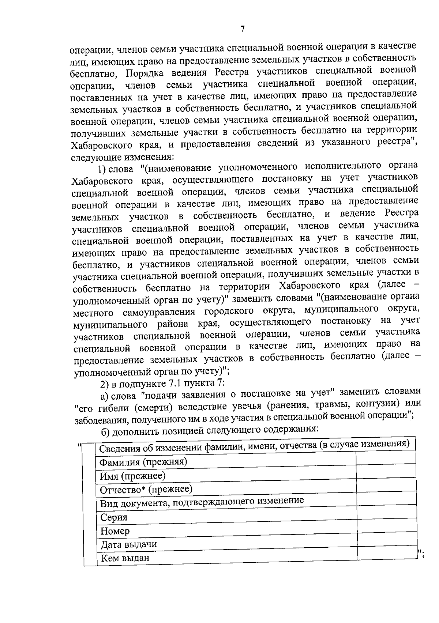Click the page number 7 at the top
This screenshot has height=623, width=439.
pos(242,30)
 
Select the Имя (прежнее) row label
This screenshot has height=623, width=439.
pos(133,476)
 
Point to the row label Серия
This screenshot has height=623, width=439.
pos(114,517)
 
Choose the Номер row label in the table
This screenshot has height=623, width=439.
pos(115,531)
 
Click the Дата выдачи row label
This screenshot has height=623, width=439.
pos(129,544)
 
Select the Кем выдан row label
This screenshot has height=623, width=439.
pos(125,558)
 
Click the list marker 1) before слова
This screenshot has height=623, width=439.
pos(102,169)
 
